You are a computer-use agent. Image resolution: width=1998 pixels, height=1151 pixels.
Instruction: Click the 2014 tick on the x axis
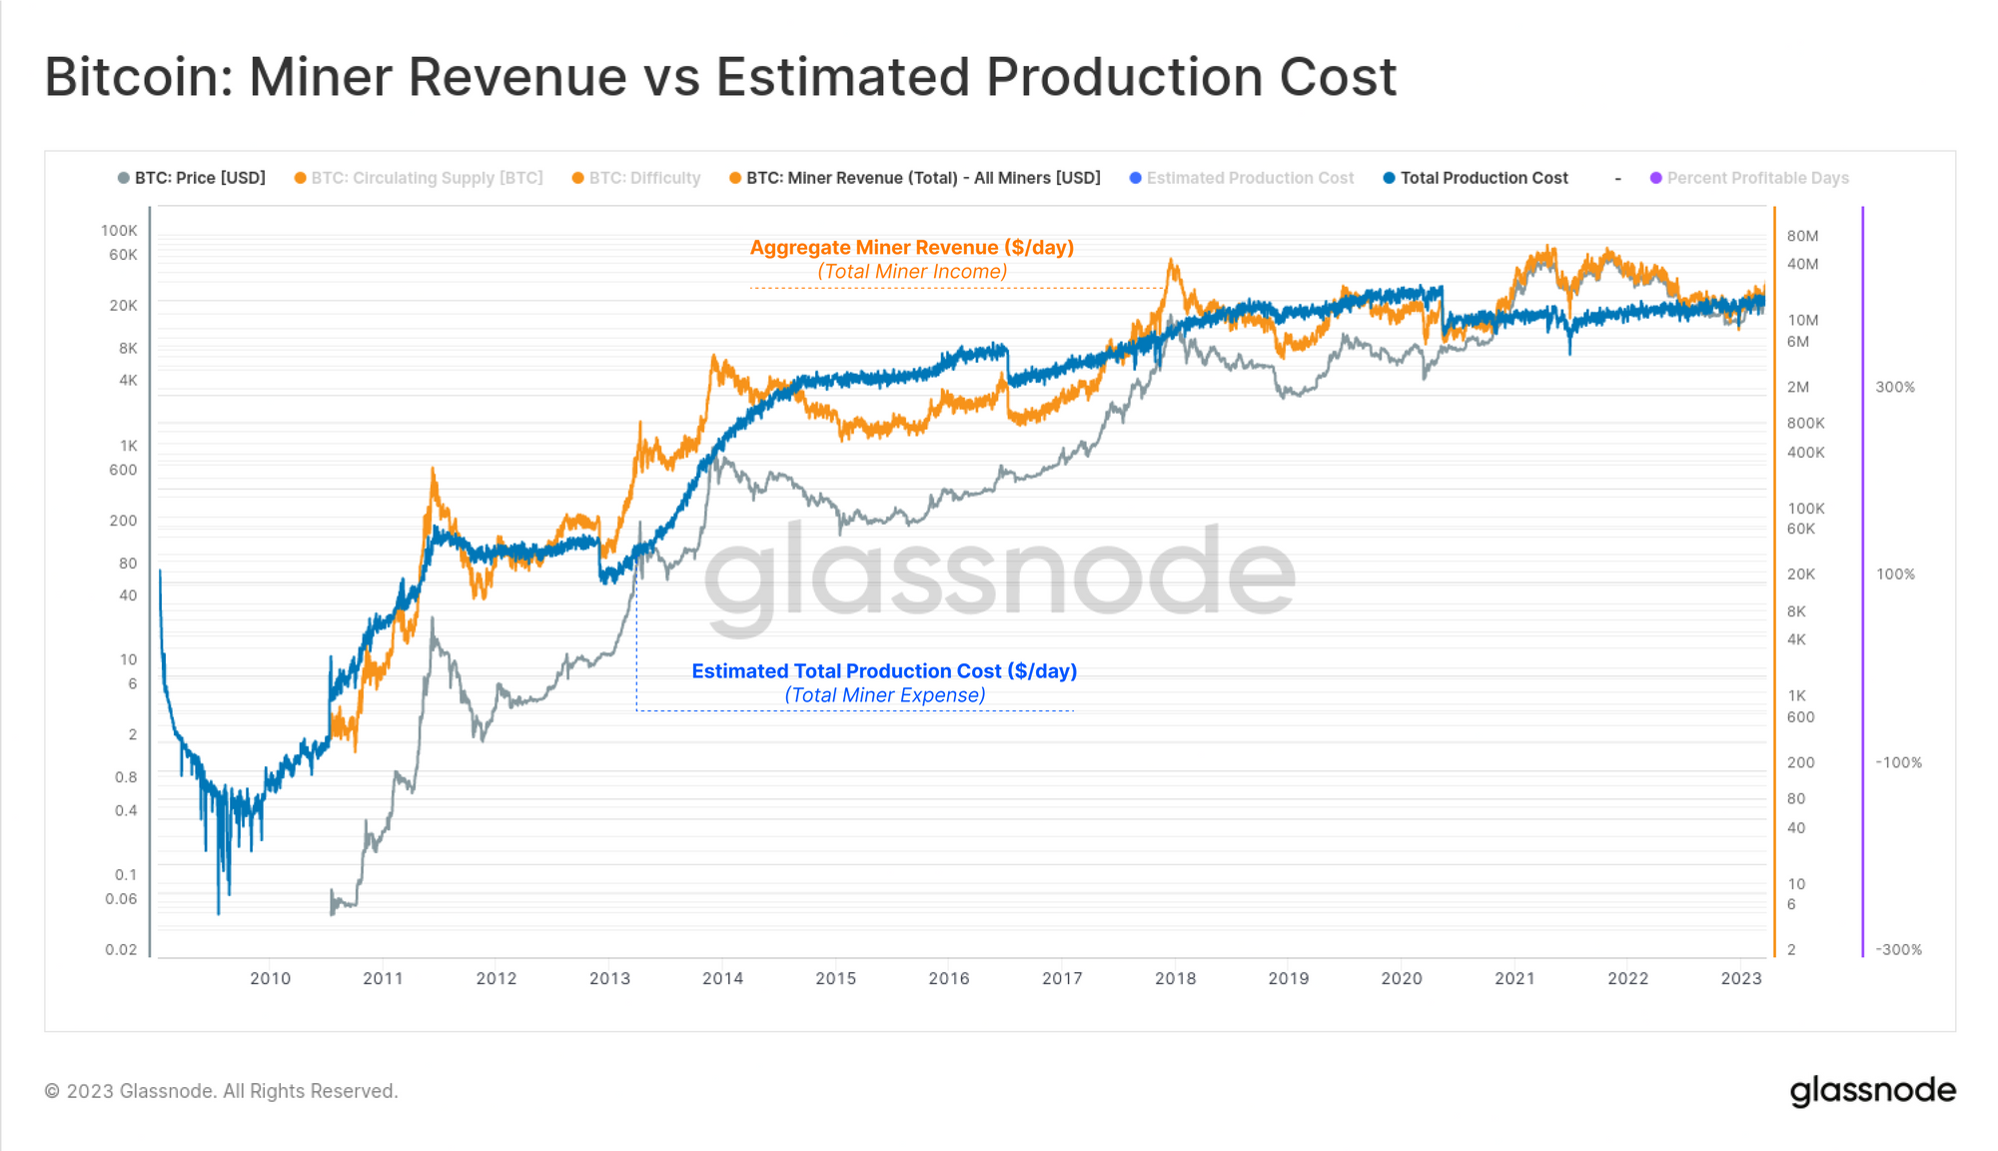[x=722, y=978]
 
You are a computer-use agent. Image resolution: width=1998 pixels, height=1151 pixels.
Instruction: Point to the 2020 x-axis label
[x=1401, y=978]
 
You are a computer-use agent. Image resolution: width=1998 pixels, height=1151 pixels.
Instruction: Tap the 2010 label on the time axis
[x=270, y=978]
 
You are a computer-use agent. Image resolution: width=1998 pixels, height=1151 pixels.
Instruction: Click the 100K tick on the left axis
[x=119, y=231]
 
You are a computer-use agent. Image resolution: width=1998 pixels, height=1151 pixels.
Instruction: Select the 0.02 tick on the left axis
[x=121, y=949]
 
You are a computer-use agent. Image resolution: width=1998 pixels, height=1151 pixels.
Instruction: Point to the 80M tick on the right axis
[x=1802, y=236]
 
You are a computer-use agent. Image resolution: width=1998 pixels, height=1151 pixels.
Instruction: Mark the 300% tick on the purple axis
[x=1895, y=387]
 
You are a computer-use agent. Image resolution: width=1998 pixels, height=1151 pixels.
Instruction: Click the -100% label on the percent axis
[x=1898, y=762]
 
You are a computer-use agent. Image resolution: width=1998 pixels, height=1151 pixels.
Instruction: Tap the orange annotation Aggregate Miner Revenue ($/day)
[x=911, y=248]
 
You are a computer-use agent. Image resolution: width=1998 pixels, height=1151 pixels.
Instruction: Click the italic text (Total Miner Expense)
[x=885, y=695]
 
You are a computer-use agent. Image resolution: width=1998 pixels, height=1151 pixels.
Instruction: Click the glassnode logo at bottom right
[x=1872, y=1090]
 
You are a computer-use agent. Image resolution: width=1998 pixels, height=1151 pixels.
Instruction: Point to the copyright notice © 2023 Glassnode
[x=221, y=1091]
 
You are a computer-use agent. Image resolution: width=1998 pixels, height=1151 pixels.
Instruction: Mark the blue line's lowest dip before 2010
[x=219, y=911]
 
